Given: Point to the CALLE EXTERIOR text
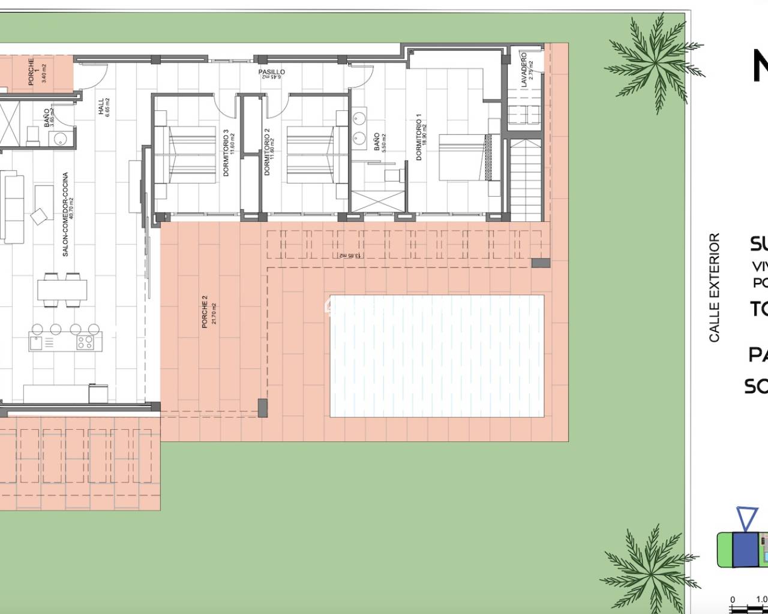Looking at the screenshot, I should [714, 288].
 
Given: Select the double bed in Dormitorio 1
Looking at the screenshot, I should [465, 157].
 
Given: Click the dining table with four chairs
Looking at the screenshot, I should [62, 290].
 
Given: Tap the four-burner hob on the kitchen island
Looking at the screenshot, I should [84, 342].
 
